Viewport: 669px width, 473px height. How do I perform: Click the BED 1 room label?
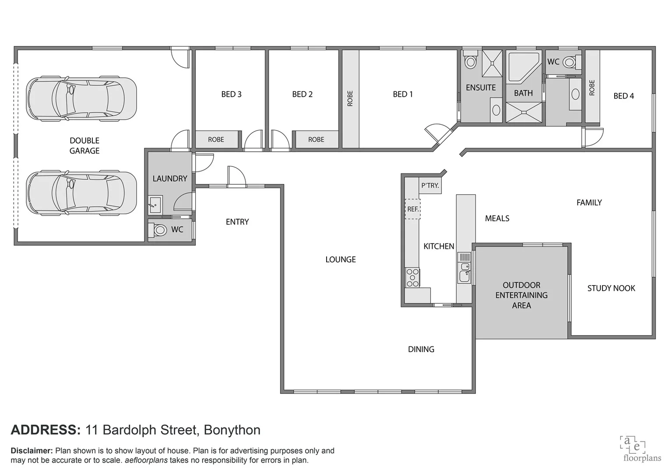coord(402,94)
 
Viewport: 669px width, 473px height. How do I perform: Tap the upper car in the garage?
coord(81,99)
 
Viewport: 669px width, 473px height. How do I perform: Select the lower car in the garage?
coord(81,193)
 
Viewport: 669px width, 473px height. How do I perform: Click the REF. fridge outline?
coord(412,209)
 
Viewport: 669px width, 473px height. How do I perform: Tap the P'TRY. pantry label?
coord(430,185)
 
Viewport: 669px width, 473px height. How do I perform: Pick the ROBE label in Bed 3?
coord(216,140)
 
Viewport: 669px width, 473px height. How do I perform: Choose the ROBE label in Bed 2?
coord(316,140)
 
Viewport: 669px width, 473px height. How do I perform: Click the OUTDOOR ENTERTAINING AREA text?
coord(521,295)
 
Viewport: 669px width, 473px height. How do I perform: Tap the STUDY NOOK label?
coord(611,288)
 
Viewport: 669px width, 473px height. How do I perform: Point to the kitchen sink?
coord(465,276)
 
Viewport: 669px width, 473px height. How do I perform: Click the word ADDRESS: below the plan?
coord(46,430)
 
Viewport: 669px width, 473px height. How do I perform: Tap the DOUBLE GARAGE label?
coord(85,145)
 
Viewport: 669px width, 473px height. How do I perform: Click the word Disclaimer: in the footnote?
coord(32,451)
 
